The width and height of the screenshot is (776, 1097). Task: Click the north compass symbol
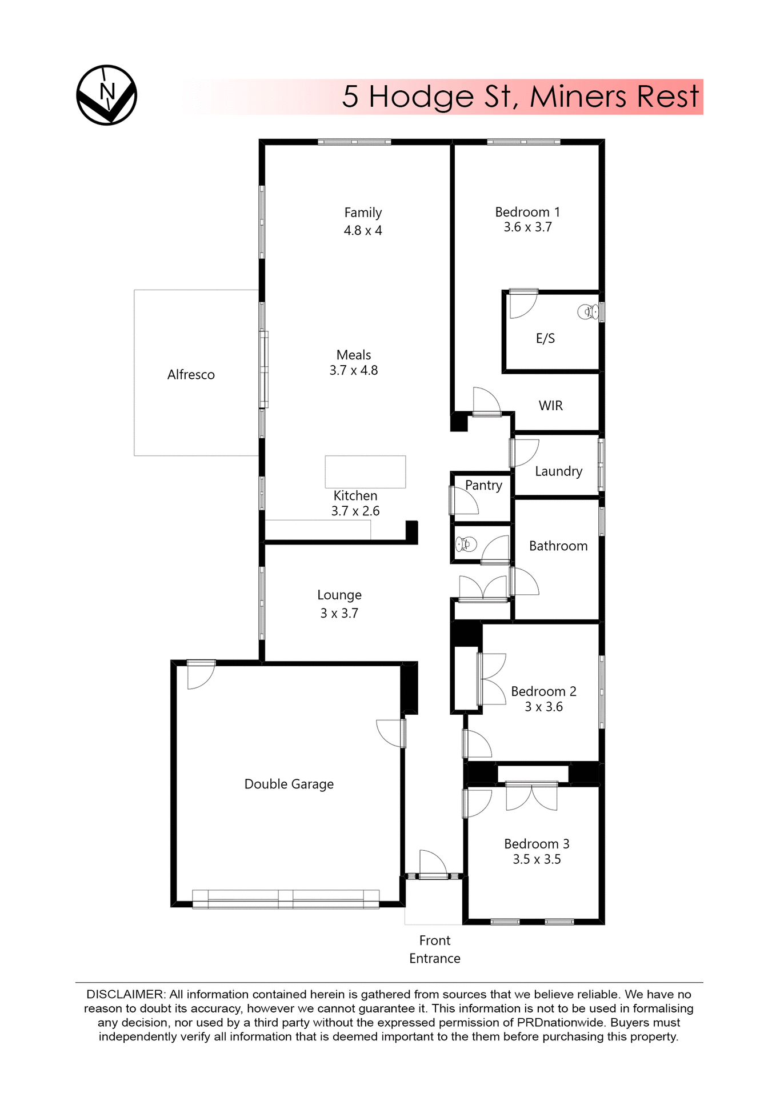[107, 95]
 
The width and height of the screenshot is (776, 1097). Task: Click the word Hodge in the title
[421, 96]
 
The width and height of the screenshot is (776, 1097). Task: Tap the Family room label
[363, 213]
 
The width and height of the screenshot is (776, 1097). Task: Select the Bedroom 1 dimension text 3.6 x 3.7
[527, 227]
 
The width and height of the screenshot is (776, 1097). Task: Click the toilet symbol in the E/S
[587, 312]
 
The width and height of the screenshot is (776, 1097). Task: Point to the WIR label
[550, 406]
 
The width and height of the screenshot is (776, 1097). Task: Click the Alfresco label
[191, 375]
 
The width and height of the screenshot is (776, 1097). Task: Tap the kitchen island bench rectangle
[365, 471]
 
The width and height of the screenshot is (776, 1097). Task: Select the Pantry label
[483, 485]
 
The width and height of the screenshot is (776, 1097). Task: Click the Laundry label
[558, 471]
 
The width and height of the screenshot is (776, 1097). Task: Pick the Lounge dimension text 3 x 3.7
[339, 613]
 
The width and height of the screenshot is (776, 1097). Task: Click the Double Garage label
[289, 784]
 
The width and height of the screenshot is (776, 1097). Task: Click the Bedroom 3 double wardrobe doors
[531, 798]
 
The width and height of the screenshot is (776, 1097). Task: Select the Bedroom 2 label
[543, 691]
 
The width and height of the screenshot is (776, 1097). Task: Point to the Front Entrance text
[434, 949]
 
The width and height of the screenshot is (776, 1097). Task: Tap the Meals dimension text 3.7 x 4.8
[353, 370]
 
